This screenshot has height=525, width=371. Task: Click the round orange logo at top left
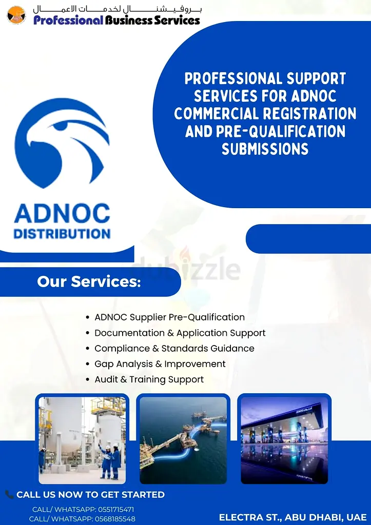tap(16, 15)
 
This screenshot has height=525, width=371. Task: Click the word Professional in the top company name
tap(68, 20)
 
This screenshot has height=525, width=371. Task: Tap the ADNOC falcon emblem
tap(62, 143)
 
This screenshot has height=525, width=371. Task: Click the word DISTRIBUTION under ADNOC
tap(62, 234)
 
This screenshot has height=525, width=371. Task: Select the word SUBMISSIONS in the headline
tap(265, 149)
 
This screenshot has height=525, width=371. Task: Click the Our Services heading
tap(89, 281)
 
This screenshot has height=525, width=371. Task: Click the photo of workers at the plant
tap(82, 440)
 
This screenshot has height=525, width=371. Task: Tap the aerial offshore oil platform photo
tap(183, 440)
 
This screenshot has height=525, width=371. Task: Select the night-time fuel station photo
tap(284, 440)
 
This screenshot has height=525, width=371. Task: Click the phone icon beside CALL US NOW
tap(9, 494)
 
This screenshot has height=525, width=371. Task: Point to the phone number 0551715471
tap(116, 510)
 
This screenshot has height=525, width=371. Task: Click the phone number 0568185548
tap(115, 519)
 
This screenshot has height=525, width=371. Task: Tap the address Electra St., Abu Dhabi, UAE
tap(292, 517)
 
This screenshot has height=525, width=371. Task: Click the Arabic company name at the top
tap(118, 8)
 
